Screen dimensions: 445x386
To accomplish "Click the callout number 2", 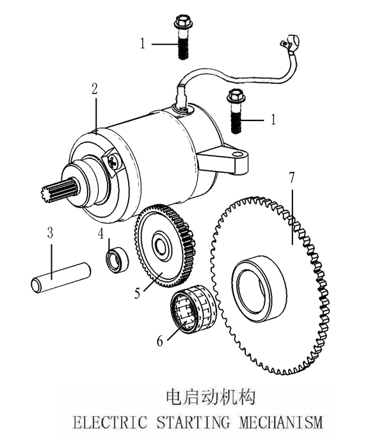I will click(95, 90).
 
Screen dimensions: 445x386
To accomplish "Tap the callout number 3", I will click(50, 232).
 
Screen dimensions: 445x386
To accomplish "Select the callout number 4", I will click(101, 235).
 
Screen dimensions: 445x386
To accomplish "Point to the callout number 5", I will click(138, 294).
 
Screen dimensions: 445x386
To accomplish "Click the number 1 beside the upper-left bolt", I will click(143, 44).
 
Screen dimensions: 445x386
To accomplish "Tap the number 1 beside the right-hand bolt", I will click(273, 119).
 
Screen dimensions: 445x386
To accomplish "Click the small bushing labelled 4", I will click(116, 260).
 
